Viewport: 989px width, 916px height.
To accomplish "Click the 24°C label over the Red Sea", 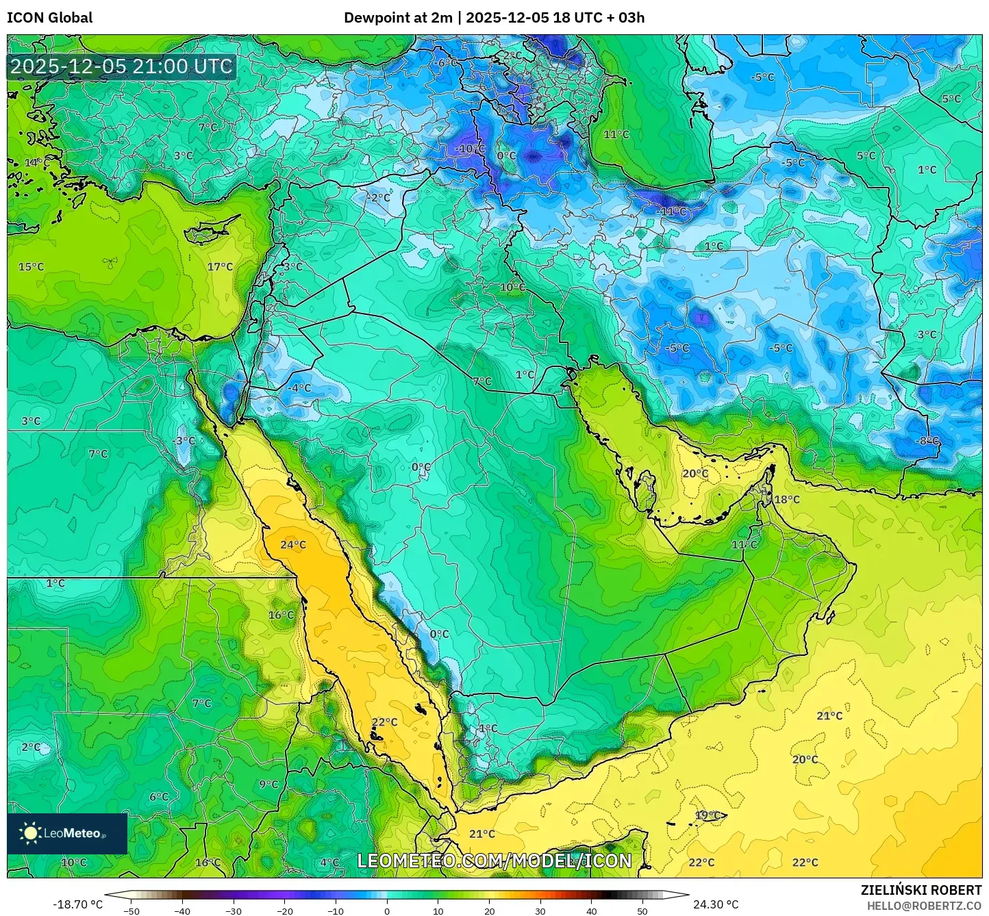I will pos(293,545).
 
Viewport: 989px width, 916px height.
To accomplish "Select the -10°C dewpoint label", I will pos(470,149).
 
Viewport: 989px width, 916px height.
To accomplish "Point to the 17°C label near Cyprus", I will pos(220,267).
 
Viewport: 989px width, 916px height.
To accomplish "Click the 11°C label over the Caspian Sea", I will pos(616,135).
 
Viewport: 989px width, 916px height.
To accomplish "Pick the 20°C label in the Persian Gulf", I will pos(695,474).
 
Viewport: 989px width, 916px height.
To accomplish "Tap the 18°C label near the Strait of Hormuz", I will pos(786,500).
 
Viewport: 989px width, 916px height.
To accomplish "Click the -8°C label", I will pos(929,441).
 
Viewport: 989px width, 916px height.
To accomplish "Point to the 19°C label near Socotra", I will pos(708,815).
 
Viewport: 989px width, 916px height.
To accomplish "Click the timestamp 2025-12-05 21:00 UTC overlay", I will pos(121,66).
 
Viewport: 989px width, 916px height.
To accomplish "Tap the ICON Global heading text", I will pos(49,18).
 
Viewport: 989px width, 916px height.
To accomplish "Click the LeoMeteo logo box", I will pos(67,833).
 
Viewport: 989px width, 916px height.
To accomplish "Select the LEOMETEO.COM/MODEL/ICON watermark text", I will pos(494,861).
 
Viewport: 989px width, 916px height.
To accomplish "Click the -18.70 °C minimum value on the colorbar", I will pos(77,904).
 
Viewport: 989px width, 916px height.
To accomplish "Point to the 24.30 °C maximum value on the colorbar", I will pos(716,904).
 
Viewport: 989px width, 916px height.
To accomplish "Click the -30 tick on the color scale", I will pos(234,911).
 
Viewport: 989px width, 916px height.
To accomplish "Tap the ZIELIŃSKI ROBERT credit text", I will pos(921,890).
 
